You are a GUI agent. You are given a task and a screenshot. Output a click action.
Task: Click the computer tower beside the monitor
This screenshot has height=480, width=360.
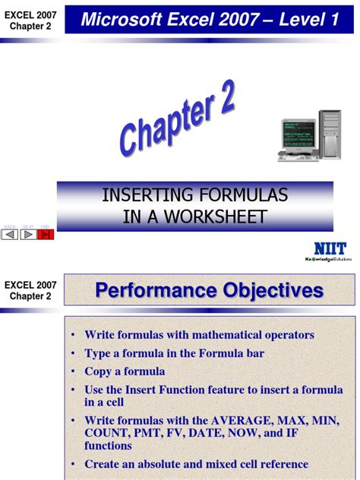point(332,135)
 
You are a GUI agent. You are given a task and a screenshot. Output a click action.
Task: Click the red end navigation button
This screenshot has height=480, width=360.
point(46,234)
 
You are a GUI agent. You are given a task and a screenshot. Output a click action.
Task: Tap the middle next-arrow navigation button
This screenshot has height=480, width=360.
point(28,234)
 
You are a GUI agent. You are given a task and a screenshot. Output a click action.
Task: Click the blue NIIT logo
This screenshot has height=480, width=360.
point(329,248)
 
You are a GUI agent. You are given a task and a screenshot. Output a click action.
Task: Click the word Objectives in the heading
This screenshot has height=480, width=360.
point(262,290)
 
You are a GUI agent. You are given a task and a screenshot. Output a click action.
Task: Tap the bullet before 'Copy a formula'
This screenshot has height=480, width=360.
point(74,372)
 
